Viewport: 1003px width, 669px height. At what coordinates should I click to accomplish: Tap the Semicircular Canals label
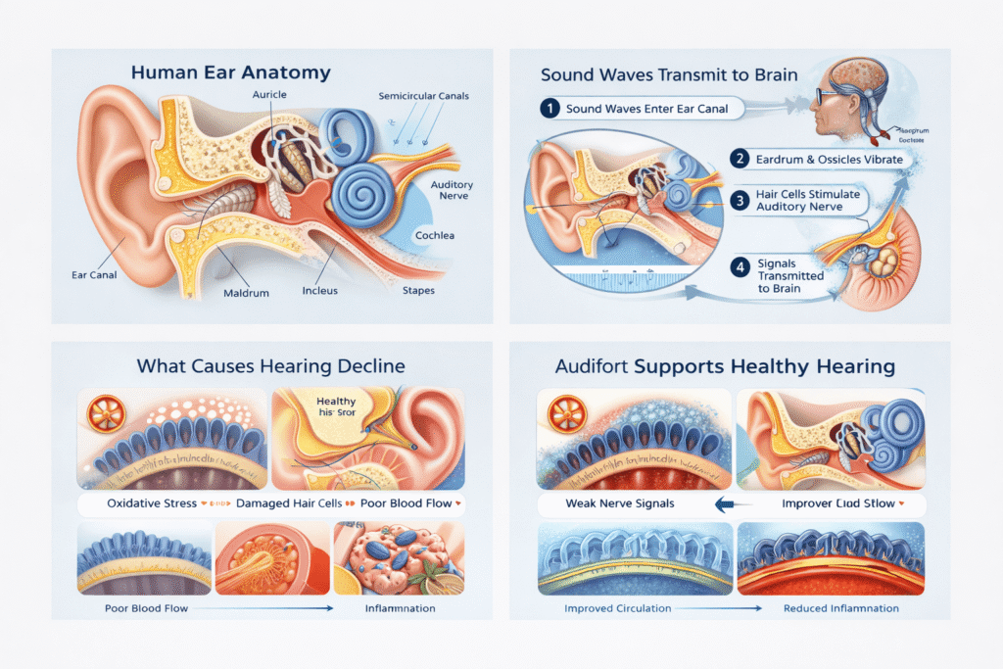tap(422, 95)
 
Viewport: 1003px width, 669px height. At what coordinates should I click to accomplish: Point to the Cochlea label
tap(435, 236)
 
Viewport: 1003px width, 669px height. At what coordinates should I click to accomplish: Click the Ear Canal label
tap(94, 274)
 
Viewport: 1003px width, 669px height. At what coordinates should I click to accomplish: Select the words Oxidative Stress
tap(148, 503)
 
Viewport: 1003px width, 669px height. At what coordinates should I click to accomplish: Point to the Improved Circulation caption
tap(618, 608)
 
